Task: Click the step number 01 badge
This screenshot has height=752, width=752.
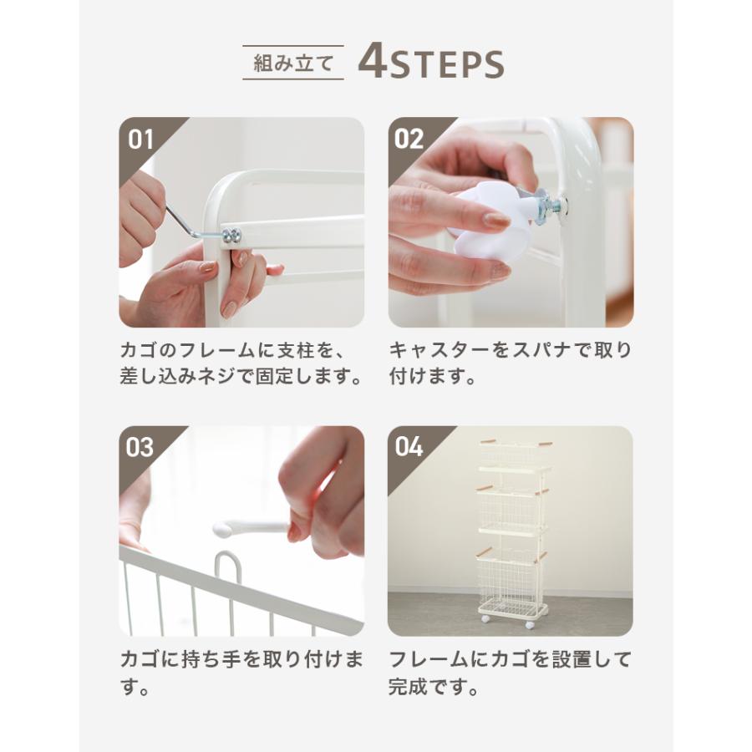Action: click(x=140, y=140)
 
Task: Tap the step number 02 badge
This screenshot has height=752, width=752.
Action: click(x=409, y=140)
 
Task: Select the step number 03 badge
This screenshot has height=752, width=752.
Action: click(x=140, y=448)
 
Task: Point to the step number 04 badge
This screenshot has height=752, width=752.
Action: click(x=409, y=447)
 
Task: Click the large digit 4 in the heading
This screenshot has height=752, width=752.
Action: click(x=373, y=61)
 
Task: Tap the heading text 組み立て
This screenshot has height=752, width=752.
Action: click(x=293, y=63)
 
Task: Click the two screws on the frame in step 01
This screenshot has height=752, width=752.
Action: click(x=231, y=235)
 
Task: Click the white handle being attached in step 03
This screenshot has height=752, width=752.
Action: click(x=252, y=529)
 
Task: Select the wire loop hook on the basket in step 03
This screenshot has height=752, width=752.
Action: click(x=227, y=571)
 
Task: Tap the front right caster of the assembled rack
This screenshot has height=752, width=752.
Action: click(x=530, y=624)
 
